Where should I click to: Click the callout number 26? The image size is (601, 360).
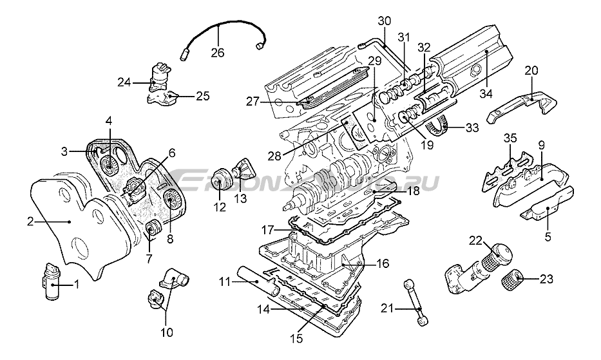coord(218,52)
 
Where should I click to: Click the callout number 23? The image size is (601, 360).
coord(546,279)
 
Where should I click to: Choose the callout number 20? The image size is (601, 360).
coord(531,70)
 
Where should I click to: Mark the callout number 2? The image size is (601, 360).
coord(30,222)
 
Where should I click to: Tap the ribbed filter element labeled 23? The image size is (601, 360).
coord(511,281)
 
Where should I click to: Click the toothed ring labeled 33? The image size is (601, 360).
coord(438,126)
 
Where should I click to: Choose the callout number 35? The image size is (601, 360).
coord(510,137)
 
